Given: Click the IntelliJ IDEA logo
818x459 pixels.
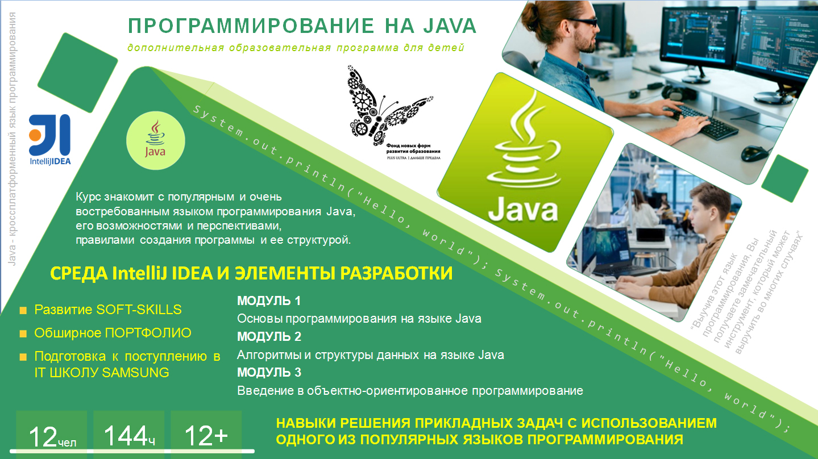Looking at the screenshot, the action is [50, 139].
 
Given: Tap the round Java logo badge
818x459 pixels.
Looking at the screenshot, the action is [156, 140].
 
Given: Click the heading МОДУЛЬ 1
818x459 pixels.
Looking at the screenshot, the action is [269, 301].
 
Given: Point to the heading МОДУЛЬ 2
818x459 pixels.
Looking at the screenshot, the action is [269, 336].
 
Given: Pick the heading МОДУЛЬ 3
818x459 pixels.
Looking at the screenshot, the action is [269, 372].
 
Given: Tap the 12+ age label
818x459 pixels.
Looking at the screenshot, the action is [206, 436].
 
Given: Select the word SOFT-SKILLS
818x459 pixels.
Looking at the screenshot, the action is [139, 310].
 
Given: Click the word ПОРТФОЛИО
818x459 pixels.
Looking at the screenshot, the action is [148, 333].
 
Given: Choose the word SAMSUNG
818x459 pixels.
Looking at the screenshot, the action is [135, 373].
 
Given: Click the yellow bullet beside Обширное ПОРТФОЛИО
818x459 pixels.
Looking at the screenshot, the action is [23, 333].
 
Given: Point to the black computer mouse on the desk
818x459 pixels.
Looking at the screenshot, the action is [755, 153].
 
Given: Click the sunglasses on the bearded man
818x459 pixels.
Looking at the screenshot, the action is [583, 22].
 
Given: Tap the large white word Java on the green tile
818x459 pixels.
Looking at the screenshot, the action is [523, 210].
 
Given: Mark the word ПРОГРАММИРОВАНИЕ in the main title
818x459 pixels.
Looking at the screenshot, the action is [251, 26].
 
